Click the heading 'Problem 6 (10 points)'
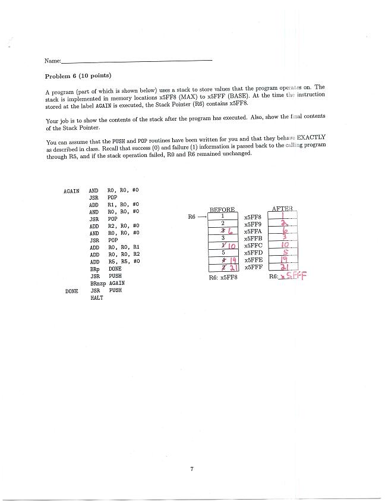coord(78,76)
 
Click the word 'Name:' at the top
coord(52,61)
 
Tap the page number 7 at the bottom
coord(192,470)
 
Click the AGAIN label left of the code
coord(71,191)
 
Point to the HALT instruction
coord(96,298)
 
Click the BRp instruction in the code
coord(95,269)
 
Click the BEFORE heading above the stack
coord(223,210)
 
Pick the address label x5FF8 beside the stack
coord(253,218)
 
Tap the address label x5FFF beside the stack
coord(253,267)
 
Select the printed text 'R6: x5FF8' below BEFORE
coord(223,278)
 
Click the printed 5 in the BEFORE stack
coord(222,253)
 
